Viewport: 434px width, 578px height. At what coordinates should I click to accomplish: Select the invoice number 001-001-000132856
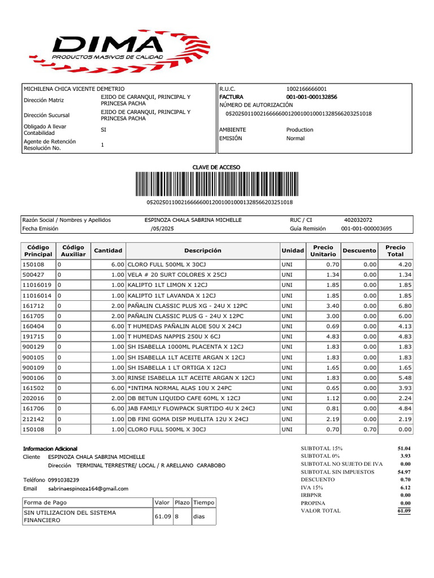click(311, 97)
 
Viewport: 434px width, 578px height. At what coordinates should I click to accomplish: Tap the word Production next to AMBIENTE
click(300, 130)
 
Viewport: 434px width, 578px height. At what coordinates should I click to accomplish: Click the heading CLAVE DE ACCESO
click(217, 167)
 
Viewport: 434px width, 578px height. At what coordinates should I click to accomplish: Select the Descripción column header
click(203, 251)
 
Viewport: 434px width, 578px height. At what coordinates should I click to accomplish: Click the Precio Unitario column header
click(323, 251)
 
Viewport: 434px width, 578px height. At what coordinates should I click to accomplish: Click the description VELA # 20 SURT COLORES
click(177, 275)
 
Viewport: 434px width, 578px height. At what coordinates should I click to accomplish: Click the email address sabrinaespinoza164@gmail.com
click(88, 489)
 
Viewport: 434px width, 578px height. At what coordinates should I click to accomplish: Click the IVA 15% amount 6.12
click(405, 487)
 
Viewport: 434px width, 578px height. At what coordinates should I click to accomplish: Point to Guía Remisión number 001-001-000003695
click(366, 229)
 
